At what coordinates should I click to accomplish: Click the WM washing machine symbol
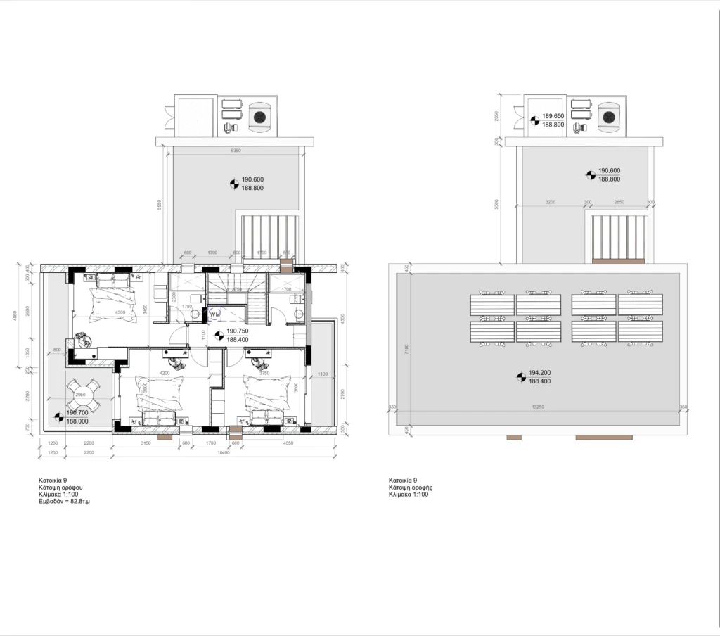click(214, 313)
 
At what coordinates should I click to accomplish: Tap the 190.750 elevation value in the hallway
click(237, 331)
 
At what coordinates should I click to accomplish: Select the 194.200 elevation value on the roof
click(540, 373)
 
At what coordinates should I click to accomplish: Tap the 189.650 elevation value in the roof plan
click(553, 116)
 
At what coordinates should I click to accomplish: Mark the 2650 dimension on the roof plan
click(619, 203)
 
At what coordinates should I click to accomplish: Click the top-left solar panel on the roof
click(491, 305)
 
